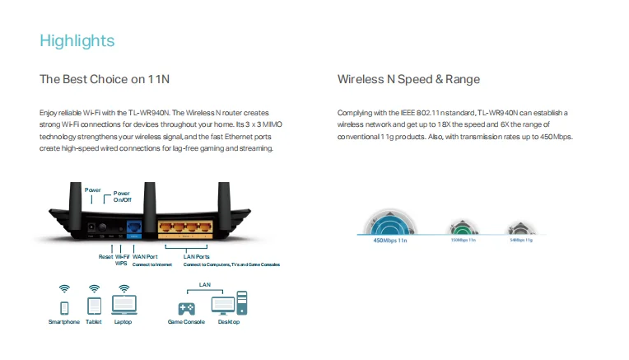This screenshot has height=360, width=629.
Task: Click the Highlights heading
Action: [77, 40]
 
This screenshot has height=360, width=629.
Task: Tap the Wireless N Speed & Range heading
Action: [408, 80]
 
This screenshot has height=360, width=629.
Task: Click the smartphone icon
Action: [64, 306]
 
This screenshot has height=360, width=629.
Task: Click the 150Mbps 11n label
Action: [463, 240]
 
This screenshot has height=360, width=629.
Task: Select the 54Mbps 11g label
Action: [521, 240]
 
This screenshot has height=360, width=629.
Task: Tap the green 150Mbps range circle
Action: [461, 227]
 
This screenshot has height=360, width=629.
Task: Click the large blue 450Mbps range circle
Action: [393, 222]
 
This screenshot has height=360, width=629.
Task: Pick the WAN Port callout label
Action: [145, 257]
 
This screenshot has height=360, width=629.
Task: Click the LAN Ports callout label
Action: [197, 257]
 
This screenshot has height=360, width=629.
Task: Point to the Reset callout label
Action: [105, 257]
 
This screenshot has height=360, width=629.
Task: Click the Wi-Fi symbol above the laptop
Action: [123, 288]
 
